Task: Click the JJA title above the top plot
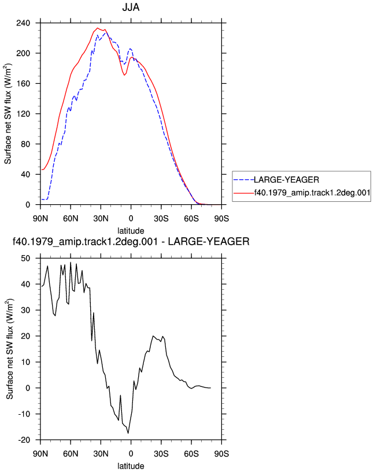pyautogui.click(x=131, y=7)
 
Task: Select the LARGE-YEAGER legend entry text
pyautogui.click(x=287, y=180)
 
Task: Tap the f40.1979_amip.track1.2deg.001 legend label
pyautogui.click(x=312, y=193)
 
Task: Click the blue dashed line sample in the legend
pyautogui.click(x=244, y=180)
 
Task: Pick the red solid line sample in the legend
pyautogui.click(x=244, y=193)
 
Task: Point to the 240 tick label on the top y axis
pyautogui.click(x=23, y=23)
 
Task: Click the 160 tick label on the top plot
pyautogui.click(x=23, y=83)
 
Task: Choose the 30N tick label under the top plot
pyautogui.click(x=101, y=219)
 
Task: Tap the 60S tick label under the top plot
pyautogui.click(x=191, y=219)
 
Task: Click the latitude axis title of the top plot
pyautogui.click(x=131, y=231)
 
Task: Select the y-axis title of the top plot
pyautogui.click(x=8, y=114)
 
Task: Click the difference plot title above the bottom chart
pyautogui.click(x=131, y=241)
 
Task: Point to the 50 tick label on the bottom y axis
pyautogui.click(x=26, y=259)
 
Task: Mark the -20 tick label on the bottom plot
pyautogui.click(x=24, y=440)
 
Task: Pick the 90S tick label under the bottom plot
pyautogui.click(x=221, y=453)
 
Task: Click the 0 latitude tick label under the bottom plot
pyautogui.click(x=131, y=453)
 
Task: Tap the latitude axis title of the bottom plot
pyautogui.click(x=131, y=466)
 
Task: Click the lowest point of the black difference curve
pyautogui.click(x=128, y=433)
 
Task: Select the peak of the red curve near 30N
pyautogui.click(x=97, y=28)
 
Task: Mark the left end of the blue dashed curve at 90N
pyautogui.click(x=42, y=200)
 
